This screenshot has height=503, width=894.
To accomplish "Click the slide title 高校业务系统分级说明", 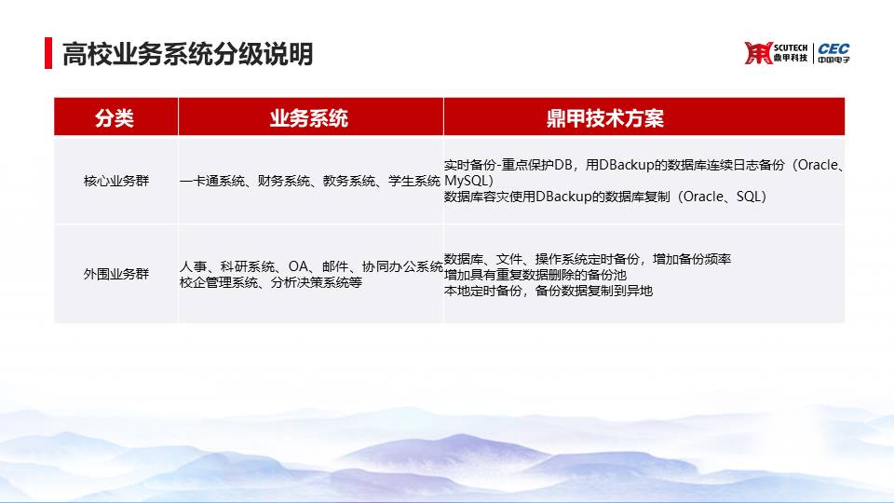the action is tap(187, 54).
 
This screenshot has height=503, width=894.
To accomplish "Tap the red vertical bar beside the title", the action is tap(48, 53).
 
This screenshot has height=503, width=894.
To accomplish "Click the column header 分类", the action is tap(114, 118).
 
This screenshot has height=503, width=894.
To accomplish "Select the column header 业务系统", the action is tap(309, 118).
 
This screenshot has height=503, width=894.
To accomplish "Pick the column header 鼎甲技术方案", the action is tap(605, 118).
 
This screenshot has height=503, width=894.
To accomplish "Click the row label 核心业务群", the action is tap(116, 181).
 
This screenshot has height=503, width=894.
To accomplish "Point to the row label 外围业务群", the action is tap(116, 274).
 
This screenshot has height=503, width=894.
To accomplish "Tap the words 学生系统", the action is tap(414, 181).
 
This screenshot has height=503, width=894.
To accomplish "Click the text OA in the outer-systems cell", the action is tap(298, 266).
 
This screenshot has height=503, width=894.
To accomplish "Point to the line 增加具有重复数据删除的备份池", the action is tap(535, 275).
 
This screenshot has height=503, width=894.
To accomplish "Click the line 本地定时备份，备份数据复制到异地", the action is tap(549, 291).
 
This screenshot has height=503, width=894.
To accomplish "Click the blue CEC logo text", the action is tap(833, 49).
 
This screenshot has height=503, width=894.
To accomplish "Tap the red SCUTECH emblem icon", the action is tap(758, 53).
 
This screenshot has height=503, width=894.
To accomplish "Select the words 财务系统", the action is tap(284, 181).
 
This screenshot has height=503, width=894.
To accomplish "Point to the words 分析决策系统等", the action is tap(317, 282).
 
